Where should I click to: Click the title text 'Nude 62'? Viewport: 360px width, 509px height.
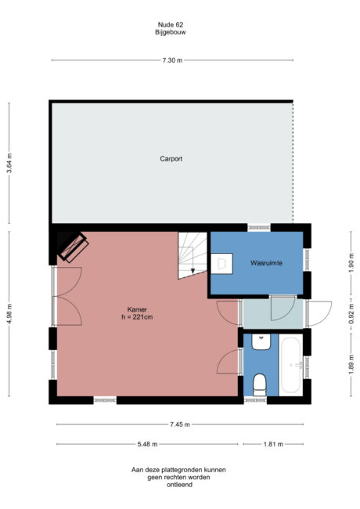coord(170,24)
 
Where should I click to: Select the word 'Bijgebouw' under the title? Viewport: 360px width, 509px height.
coord(170,32)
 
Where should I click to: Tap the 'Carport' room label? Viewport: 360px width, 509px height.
coord(171,159)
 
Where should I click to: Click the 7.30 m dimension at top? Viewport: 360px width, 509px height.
coord(172,60)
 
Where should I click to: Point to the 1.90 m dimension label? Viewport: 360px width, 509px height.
coord(351,265)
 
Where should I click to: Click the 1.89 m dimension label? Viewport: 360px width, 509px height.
coord(351,365)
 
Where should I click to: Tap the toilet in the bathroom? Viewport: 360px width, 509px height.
coord(261,383)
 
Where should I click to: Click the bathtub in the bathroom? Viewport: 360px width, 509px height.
coord(291,365)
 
